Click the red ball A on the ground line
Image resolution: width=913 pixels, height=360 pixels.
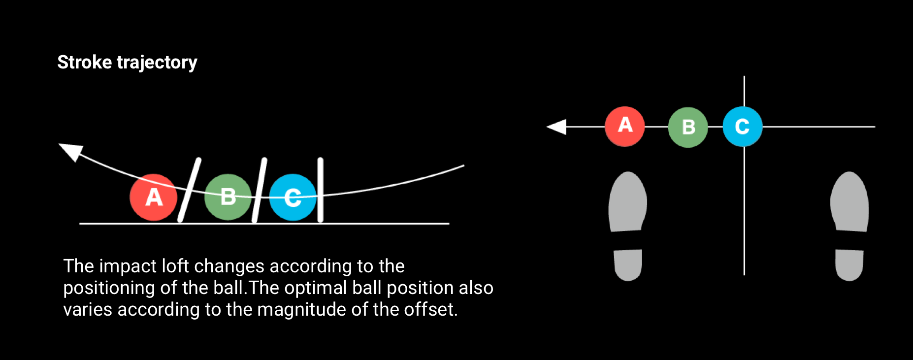[153, 197]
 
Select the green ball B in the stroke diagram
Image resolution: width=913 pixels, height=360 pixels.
[228, 197]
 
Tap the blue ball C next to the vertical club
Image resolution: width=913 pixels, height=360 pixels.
[293, 197]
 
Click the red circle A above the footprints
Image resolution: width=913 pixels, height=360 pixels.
[624, 127]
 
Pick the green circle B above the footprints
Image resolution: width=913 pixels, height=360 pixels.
[688, 127]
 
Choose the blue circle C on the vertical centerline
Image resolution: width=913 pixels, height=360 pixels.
[743, 127]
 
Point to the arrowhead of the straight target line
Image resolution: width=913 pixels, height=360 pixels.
[557, 127]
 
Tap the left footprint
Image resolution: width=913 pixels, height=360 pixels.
[628, 202]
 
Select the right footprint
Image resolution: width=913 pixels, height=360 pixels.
[849, 202]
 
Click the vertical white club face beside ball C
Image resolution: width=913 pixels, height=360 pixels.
[321, 190]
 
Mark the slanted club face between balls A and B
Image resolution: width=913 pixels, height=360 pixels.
[189, 190]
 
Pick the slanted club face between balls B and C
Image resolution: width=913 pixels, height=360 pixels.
[260, 190]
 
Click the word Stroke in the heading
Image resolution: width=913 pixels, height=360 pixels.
[85, 63]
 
